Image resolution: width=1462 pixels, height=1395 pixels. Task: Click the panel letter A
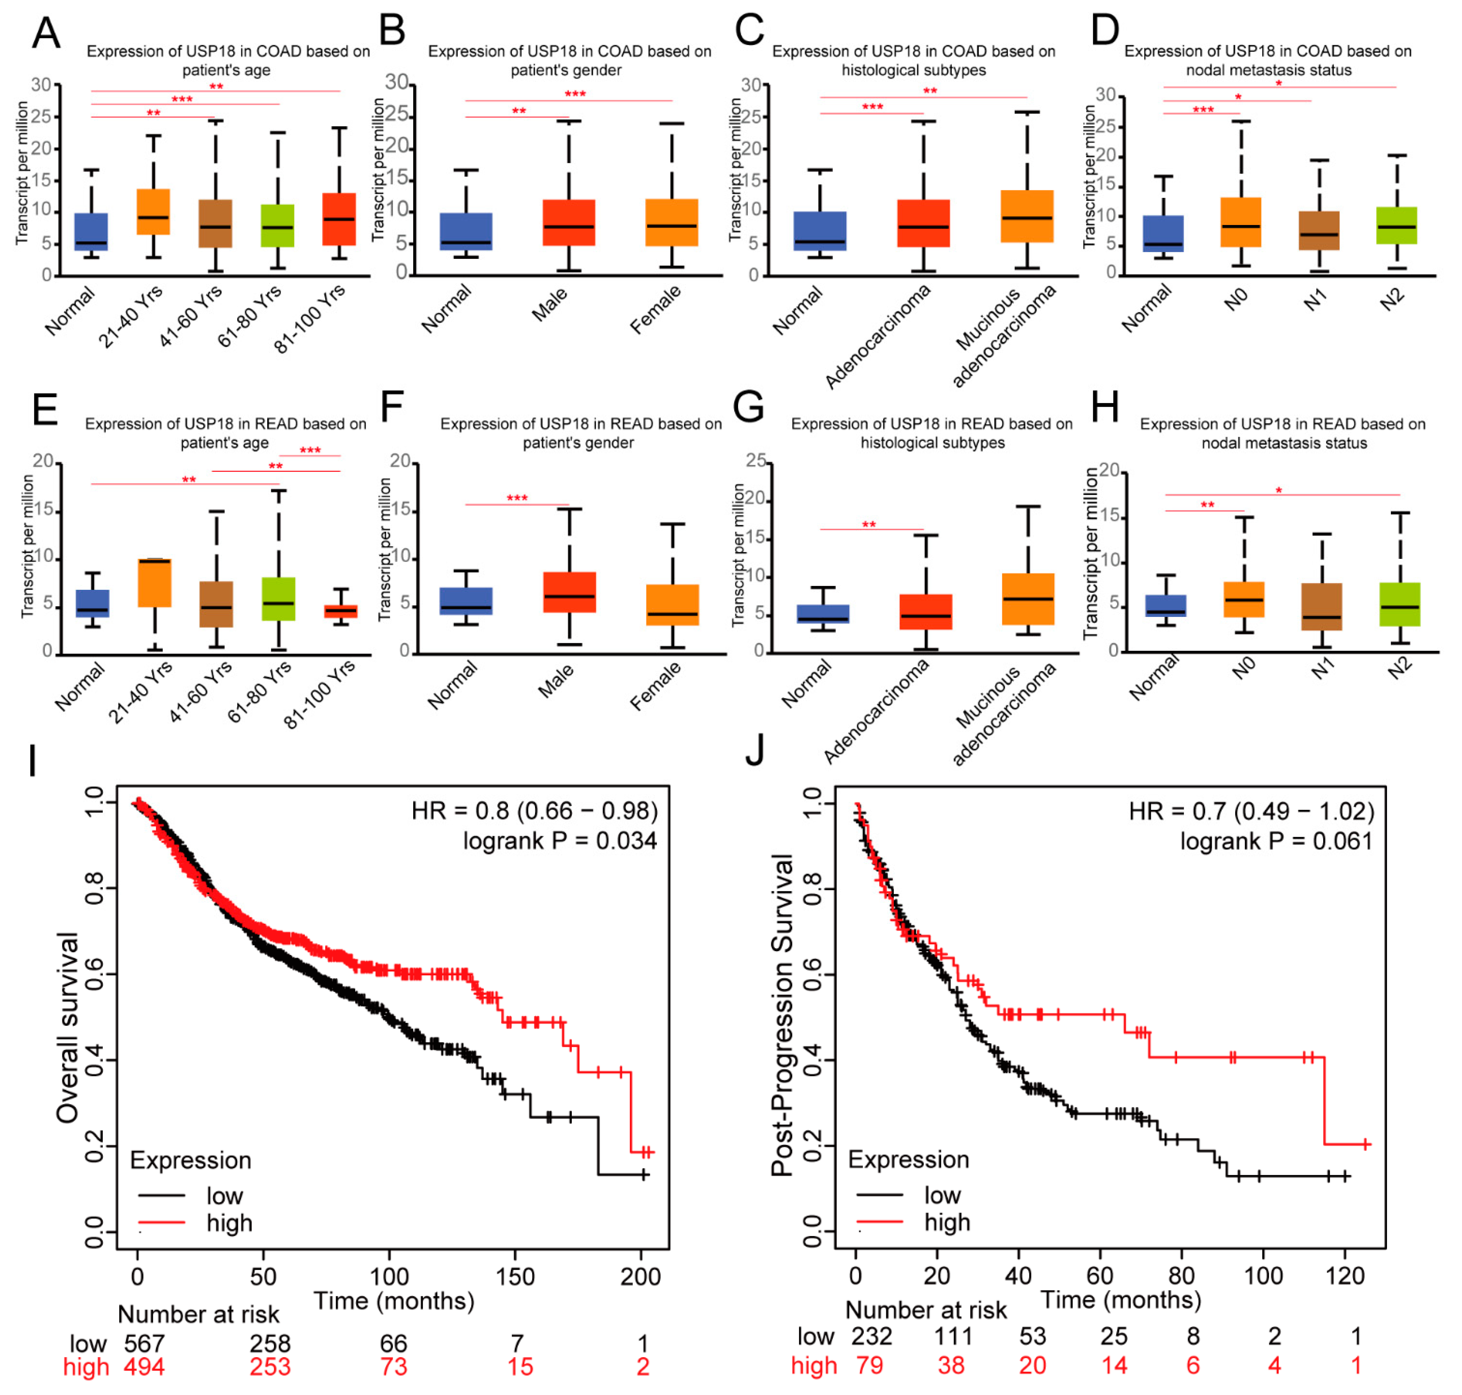pos(46,34)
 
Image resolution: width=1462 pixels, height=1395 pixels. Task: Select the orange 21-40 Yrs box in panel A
pos(153,212)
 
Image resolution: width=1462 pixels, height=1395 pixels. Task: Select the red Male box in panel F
pos(570,592)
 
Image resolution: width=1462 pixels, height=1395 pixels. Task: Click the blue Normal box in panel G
pos(823,613)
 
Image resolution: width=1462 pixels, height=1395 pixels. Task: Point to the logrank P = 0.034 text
pos(560,841)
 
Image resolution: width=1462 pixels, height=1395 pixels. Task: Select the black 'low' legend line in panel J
pos(880,1195)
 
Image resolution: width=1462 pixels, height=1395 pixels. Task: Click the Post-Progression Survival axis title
pos(782,1015)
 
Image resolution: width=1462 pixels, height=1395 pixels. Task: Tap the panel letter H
pos(1105,407)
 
